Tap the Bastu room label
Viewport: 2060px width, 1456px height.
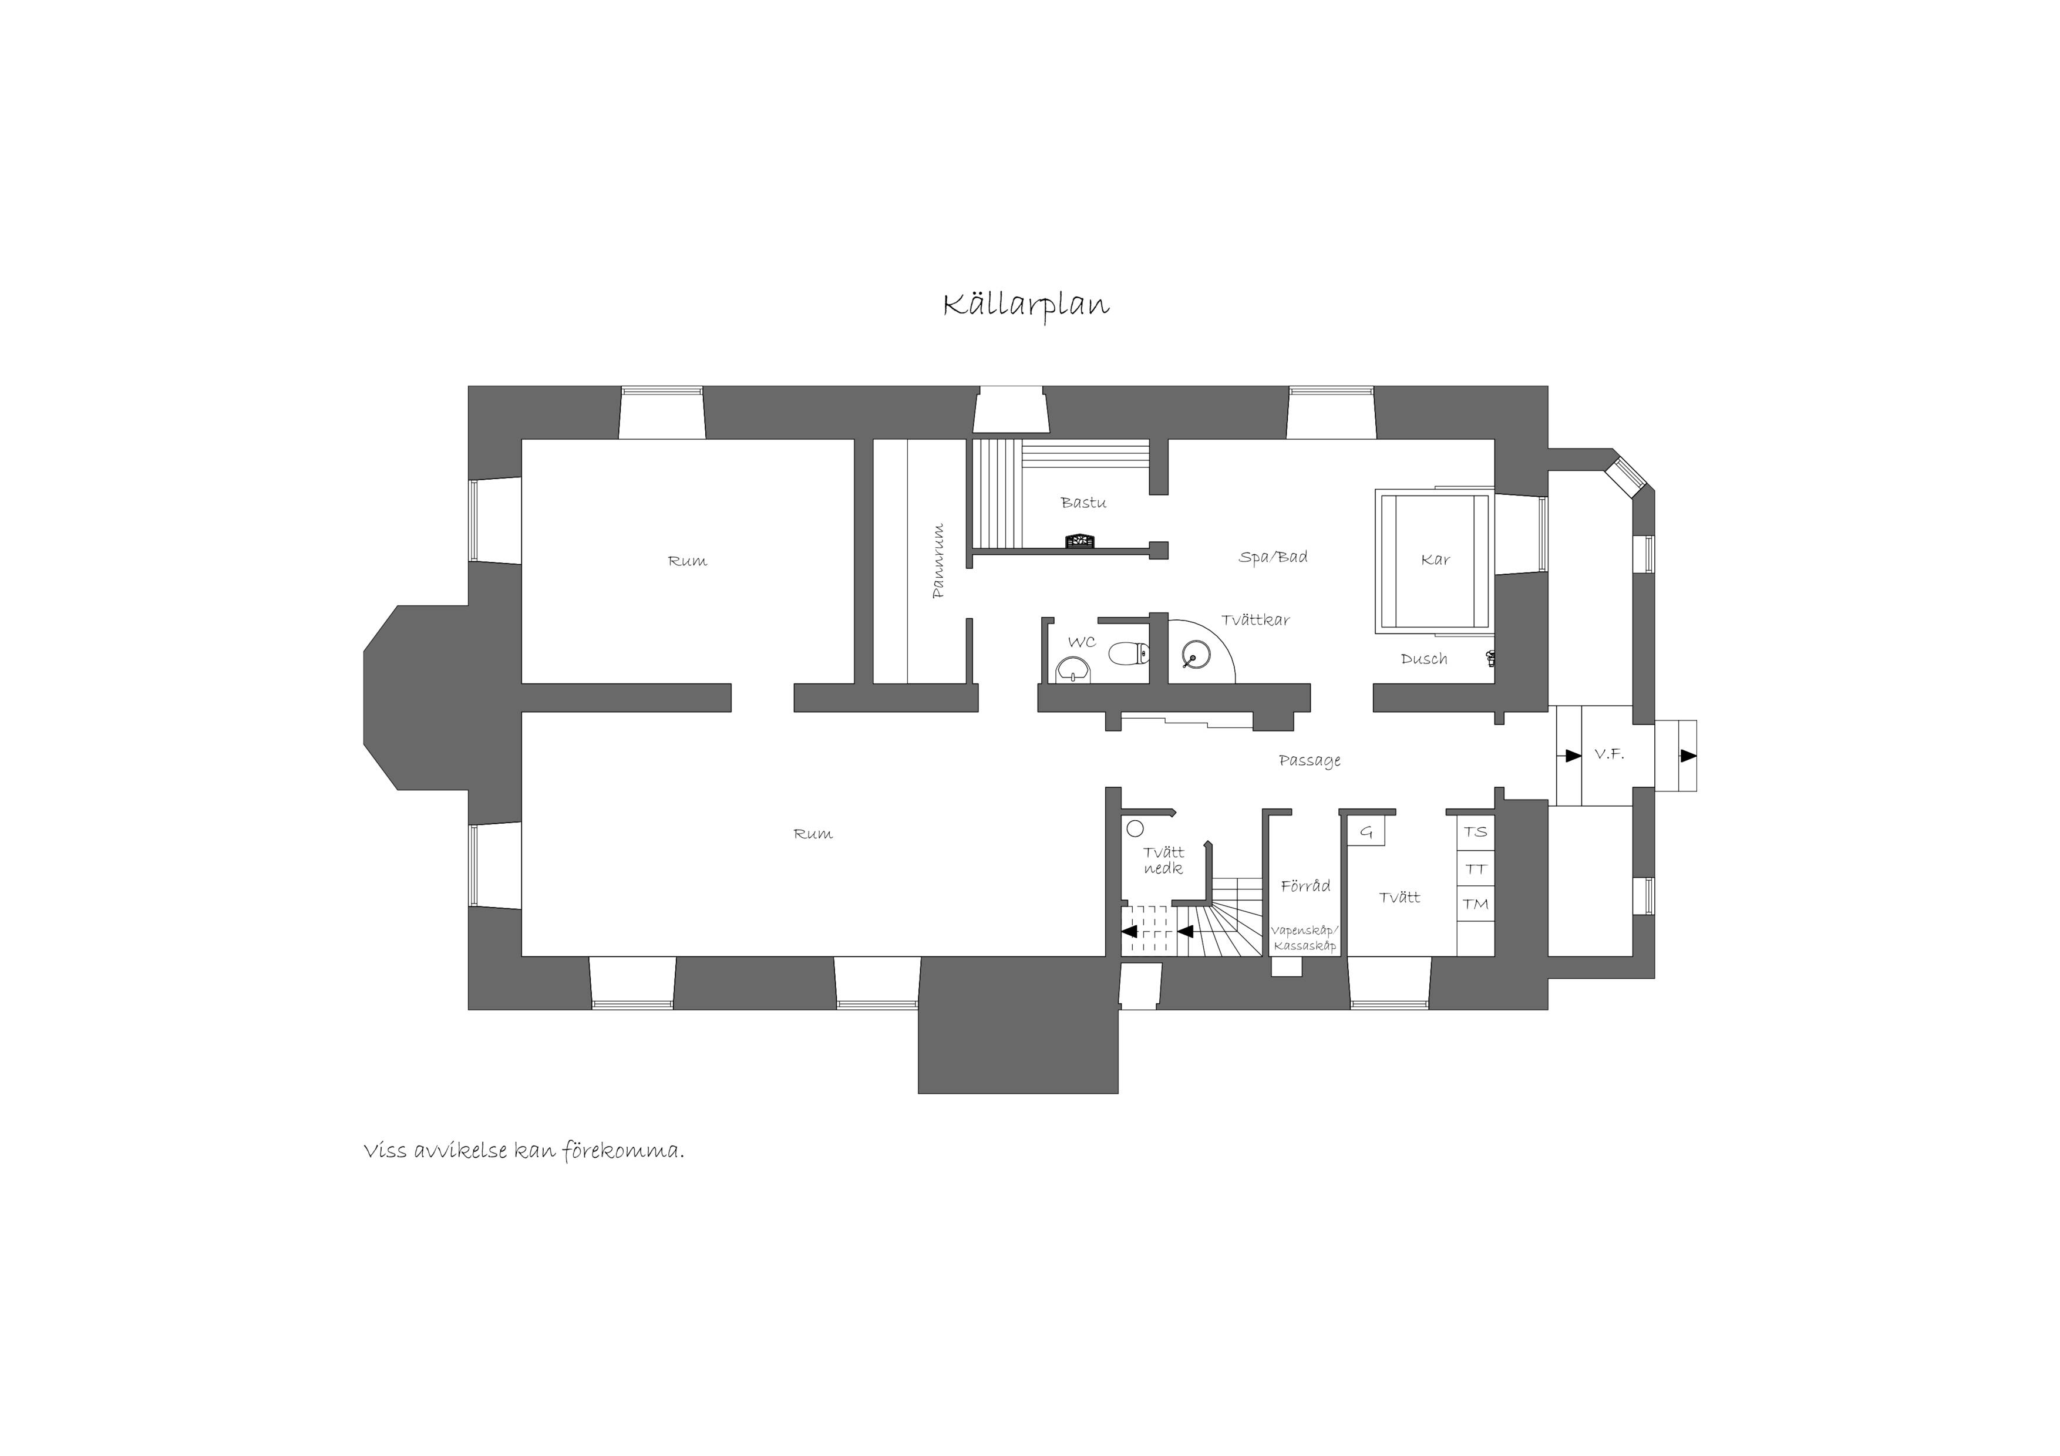[x=1083, y=503]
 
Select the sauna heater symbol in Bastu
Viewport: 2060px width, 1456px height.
[x=1079, y=541]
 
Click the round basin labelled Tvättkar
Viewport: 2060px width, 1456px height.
[x=1196, y=656]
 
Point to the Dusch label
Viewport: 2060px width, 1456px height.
[x=1424, y=659]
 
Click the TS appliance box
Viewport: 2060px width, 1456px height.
[x=1476, y=831]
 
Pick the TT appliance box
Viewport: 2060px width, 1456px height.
[x=1476, y=868]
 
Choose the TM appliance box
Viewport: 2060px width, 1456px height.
[x=1476, y=904]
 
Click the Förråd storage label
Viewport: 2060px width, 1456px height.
[x=1305, y=885]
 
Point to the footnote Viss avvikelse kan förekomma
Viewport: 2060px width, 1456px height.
[x=524, y=1151]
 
